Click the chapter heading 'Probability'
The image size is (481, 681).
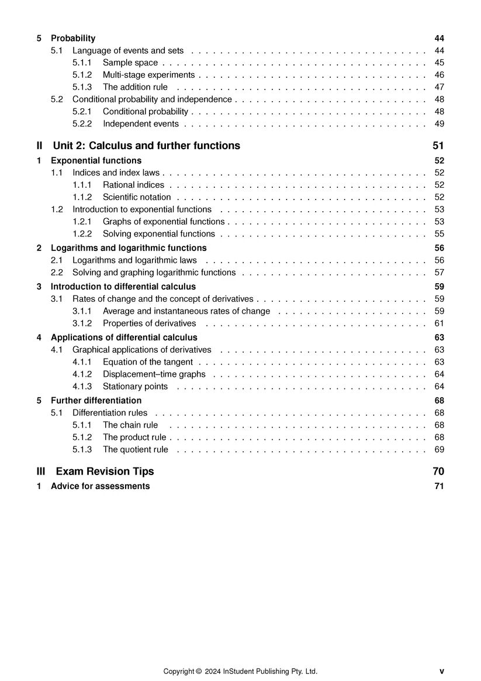(x=73, y=38)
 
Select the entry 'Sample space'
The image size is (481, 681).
(x=130, y=63)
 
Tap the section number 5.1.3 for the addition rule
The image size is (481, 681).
(x=82, y=87)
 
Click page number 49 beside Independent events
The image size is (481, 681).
(x=440, y=123)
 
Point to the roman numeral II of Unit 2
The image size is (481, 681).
(x=40, y=146)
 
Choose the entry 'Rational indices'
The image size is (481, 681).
(x=133, y=185)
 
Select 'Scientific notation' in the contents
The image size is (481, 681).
(x=137, y=197)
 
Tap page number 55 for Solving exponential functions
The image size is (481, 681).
(x=440, y=233)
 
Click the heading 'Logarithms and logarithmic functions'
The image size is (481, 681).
(x=129, y=248)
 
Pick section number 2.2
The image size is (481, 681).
(x=57, y=272)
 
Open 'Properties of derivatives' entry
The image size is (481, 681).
(x=149, y=323)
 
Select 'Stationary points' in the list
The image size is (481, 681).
(x=135, y=386)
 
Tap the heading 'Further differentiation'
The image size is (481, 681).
(x=96, y=401)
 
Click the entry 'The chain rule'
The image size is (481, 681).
(x=130, y=425)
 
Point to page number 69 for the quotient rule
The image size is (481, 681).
(x=440, y=449)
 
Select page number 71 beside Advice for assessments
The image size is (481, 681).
(x=440, y=486)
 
